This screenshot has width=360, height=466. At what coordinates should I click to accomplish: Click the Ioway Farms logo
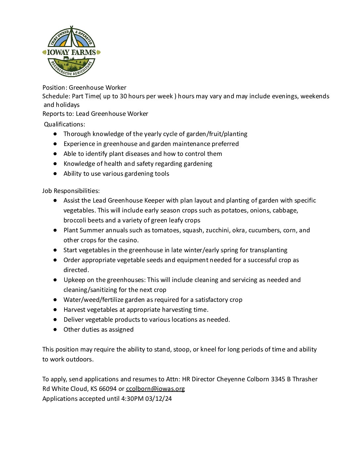71,52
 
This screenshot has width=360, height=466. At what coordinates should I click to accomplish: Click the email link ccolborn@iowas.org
155,389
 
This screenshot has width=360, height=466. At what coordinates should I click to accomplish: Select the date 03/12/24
158,399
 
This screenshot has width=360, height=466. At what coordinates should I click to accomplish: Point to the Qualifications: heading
65,124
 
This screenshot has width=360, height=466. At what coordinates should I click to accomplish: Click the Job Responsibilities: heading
71,191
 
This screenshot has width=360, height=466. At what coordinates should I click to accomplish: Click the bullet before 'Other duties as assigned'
55,330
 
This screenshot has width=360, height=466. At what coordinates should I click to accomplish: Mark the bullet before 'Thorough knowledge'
55,134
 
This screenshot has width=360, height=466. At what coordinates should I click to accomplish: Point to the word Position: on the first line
55,88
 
